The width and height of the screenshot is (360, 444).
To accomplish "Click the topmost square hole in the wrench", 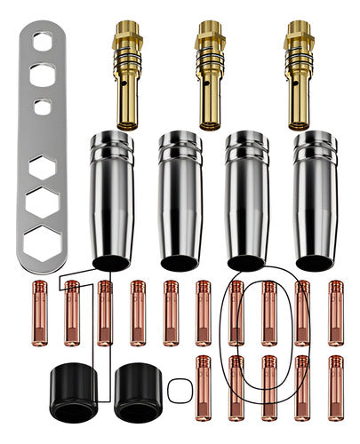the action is click(43, 41).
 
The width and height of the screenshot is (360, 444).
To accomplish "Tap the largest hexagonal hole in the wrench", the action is click(43, 243).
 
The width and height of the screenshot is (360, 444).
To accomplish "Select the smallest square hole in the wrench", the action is click(43, 107).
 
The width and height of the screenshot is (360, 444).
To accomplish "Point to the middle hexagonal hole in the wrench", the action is click(43, 202).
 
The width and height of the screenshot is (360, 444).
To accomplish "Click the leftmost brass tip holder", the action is click(127, 75).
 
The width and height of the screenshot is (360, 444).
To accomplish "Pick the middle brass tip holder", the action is click(210, 75).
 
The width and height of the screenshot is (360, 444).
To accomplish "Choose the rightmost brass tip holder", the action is click(299, 75).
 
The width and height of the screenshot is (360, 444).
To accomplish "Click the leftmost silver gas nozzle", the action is click(112, 201).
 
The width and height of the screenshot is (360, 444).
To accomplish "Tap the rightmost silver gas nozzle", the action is click(315, 201).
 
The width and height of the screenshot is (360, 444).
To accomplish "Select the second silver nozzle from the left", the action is click(180, 201).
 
